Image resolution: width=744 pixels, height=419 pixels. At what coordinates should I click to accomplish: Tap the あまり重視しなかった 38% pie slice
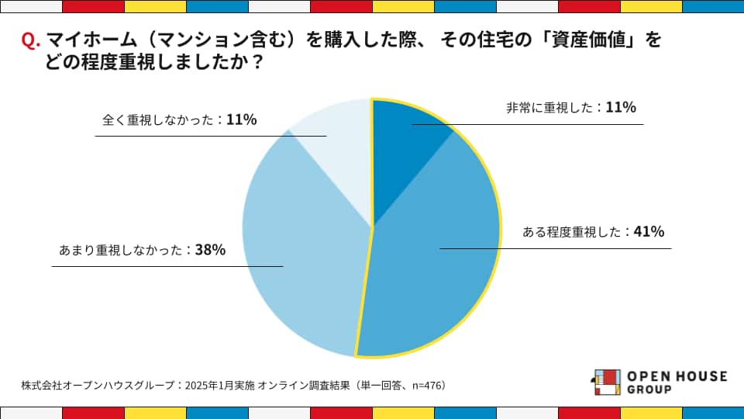pos(302,248)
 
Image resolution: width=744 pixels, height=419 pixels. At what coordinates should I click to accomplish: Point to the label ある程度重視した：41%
pos(593,232)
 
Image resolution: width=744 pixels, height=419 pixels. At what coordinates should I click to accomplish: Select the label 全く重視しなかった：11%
pos(179,120)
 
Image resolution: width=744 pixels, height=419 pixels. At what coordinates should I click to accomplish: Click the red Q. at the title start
pos(31,41)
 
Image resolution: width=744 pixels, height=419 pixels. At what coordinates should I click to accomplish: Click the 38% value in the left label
pos(210,251)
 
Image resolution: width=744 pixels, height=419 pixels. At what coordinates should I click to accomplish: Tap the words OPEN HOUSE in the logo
pos(677,376)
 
